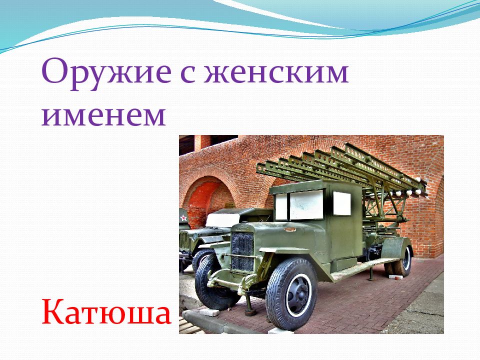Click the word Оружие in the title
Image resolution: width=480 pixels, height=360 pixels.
coord(106,74)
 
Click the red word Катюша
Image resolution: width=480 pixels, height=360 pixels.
coord(106,311)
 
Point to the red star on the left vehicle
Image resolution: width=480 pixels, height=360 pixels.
coord(183,218)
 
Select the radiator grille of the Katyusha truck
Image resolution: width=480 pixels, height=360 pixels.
coord(242,251)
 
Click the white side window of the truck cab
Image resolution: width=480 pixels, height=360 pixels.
coord(341,203)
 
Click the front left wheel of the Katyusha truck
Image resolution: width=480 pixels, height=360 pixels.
coord(214,281)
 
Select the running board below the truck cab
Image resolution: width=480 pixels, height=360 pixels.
coord(364,269)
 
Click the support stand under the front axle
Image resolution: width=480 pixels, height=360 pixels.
coord(249,304)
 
